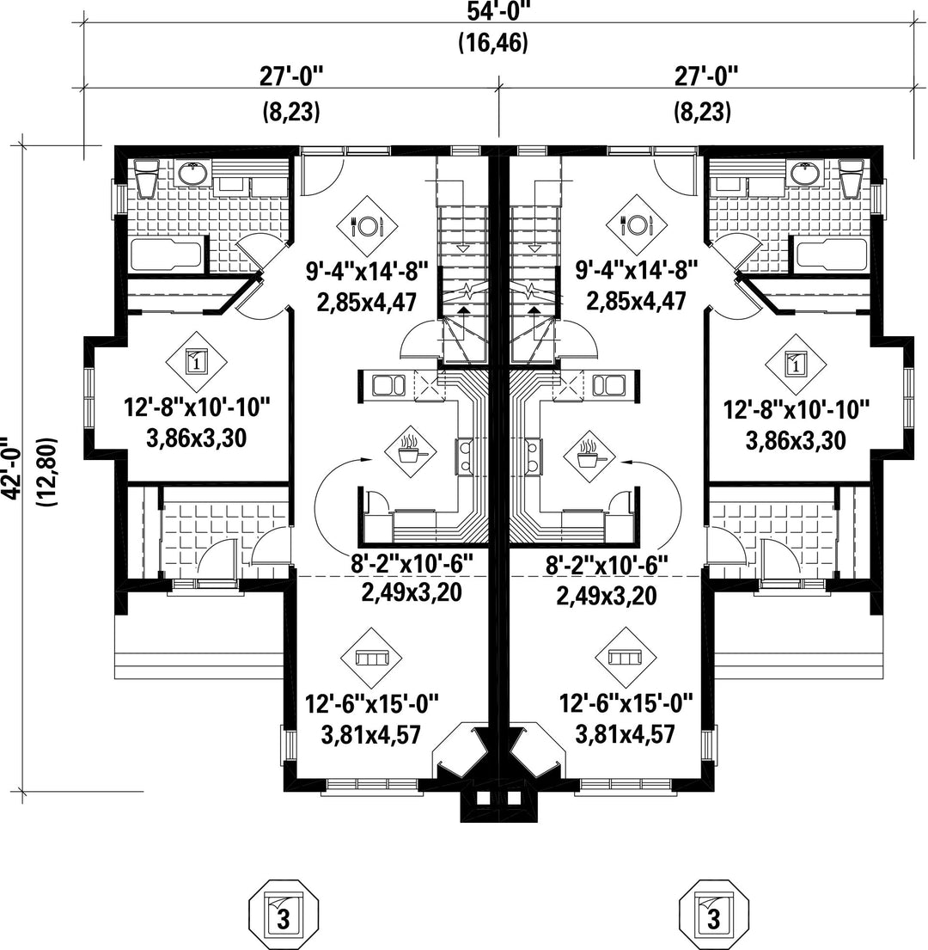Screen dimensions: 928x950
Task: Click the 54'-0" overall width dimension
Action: click(499, 10)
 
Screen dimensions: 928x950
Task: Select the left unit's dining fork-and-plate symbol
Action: click(367, 226)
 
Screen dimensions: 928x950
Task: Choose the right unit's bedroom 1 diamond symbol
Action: click(796, 364)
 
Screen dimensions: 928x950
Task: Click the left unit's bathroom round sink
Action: click(193, 174)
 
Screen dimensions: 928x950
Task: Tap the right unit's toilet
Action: click(852, 178)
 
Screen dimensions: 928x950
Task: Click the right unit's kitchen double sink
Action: click(609, 385)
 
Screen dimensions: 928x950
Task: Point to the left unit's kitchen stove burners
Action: click(464, 457)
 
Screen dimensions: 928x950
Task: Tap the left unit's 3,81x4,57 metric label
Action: click(371, 735)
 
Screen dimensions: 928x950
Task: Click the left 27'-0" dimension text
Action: click(292, 77)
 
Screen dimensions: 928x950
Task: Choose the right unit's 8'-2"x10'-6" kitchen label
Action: click(607, 566)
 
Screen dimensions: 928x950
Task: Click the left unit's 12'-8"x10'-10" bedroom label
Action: click(197, 407)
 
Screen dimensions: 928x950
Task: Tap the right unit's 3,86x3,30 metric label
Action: click(796, 440)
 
